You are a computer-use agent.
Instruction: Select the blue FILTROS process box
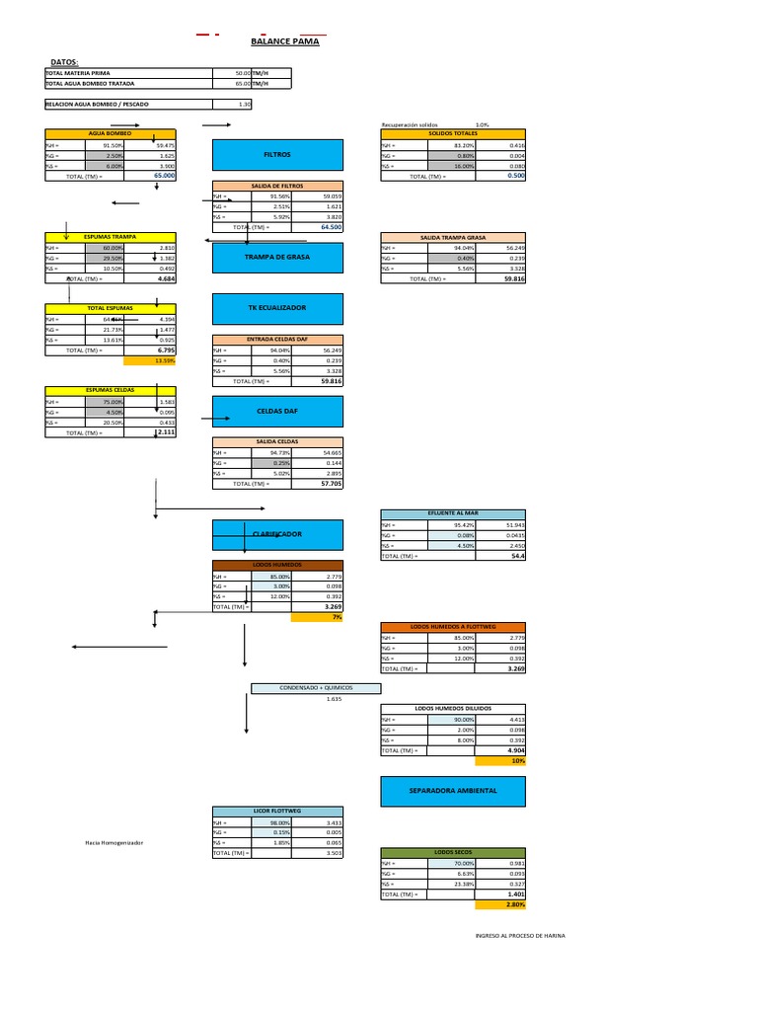(x=277, y=155)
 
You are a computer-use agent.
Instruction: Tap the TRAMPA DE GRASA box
(x=277, y=257)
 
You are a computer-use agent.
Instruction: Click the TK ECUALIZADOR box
(x=277, y=308)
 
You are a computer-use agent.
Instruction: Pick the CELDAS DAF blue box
(x=277, y=410)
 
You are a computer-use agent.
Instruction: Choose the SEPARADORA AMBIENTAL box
(x=453, y=791)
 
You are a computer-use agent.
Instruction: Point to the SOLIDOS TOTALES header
(x=453, y=133)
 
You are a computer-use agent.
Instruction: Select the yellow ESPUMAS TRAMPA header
(x=110, y=237)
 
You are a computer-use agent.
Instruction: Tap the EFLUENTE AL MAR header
(x=453, y=513)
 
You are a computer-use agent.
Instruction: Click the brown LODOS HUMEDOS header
(x=277, y=565)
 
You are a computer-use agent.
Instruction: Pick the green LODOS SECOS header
(x=453, y=851)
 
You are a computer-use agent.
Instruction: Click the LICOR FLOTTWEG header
(x=277, y=811)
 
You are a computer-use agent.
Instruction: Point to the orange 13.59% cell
(x=163, y=360)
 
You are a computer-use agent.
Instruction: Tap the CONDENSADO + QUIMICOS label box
(x=315, y=688)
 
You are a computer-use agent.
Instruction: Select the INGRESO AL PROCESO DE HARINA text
(x=520, y=936)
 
